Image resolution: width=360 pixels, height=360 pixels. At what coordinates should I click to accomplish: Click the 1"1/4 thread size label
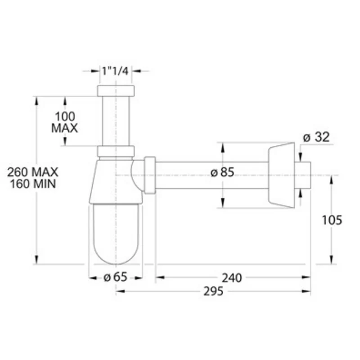click(115, 71)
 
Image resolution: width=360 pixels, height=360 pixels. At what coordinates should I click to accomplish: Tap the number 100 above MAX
click(65, 117)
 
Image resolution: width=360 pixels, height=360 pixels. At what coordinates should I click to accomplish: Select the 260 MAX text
click(32, 172)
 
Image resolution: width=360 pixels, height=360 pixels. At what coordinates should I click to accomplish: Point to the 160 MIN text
click(33, 184)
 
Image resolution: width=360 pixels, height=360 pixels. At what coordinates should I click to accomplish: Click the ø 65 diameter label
click(115, 277)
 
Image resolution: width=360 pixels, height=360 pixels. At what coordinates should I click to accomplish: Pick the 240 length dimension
click(232, 278)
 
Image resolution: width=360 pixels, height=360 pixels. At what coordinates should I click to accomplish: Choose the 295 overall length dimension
click(213, 291)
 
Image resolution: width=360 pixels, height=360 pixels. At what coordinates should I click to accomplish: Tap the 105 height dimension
click(332, 220)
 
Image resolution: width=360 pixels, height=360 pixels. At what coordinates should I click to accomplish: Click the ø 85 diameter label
click(222, 172)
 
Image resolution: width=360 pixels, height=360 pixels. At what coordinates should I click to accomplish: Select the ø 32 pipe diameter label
click(316, 137)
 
